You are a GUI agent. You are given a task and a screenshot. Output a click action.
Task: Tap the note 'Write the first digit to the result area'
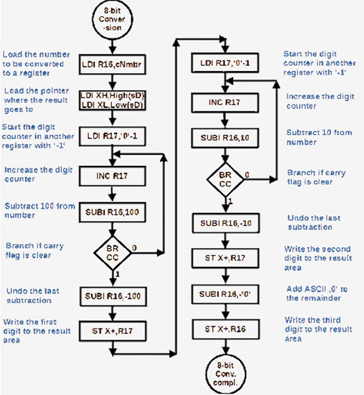[x=36, y=326]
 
